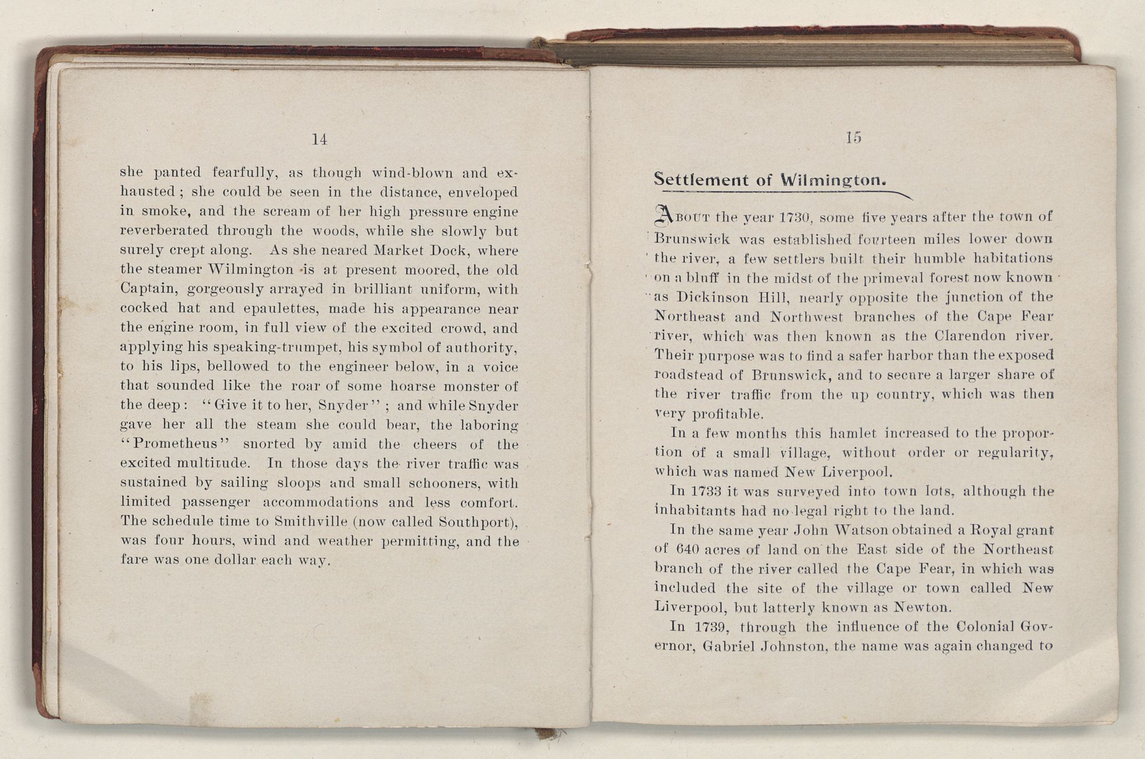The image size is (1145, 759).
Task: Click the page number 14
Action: coord(319,139)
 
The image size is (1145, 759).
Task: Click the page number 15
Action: coord(853,137)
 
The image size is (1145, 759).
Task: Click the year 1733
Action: coord(705,491)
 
